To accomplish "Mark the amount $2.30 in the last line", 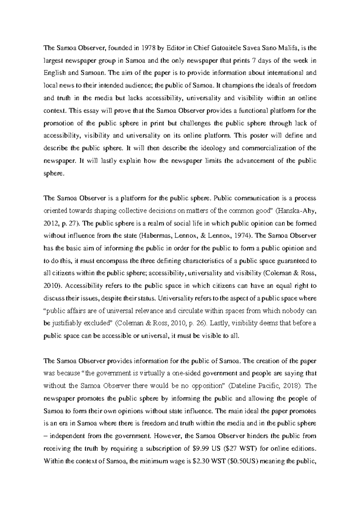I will (196, 461).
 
